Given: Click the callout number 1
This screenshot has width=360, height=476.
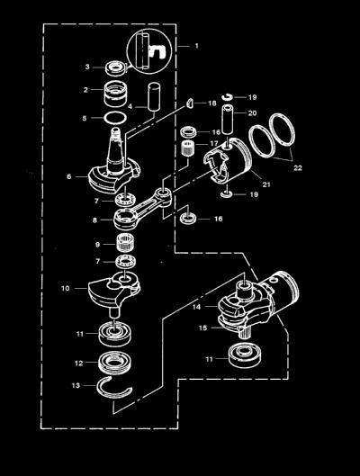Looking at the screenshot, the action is point(196,46).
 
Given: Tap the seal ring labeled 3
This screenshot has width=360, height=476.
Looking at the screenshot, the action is point(115,68).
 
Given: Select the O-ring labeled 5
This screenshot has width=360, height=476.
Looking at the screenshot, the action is point(115,118).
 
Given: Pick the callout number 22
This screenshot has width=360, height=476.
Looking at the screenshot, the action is point(298,168).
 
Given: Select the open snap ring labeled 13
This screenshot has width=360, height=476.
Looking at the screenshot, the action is point(114,388).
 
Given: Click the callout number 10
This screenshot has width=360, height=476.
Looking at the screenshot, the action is point(66,288).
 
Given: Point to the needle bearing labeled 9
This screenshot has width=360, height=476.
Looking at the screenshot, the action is point(125,243).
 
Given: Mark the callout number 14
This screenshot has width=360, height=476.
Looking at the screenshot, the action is point(196,307).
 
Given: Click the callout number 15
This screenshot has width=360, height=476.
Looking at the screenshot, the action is point(202,328).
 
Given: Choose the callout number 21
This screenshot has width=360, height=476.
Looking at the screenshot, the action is point(266,184).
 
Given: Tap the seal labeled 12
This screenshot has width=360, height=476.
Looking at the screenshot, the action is point(114,363).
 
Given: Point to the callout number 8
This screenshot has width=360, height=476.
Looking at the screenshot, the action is point(94,220).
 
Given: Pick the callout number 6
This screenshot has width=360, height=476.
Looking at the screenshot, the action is point(69,176).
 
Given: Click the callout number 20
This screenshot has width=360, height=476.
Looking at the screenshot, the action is point(252,113).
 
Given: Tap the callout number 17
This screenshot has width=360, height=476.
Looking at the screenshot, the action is point(214,143).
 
